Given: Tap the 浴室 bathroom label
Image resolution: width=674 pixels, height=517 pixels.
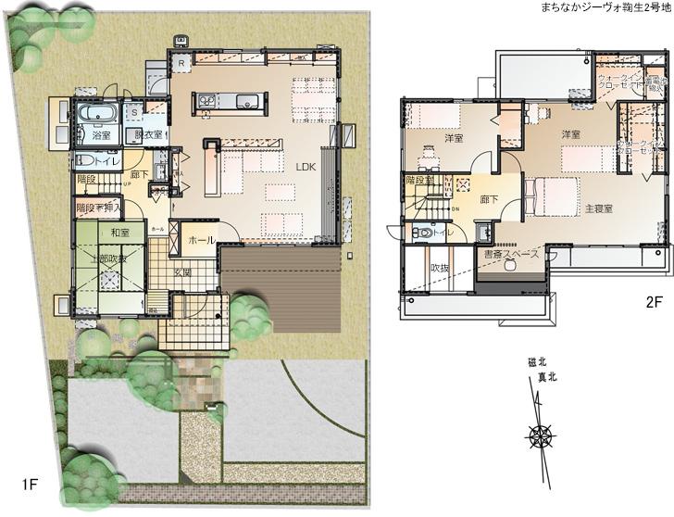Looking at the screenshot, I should [x=101, y=135].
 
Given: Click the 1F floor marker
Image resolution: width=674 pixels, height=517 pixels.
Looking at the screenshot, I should [x=30, y=485].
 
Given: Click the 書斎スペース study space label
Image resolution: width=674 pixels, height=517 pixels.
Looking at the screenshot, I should [x=512, y=253].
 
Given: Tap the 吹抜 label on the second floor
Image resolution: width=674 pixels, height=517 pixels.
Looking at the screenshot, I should [x=439, y=268].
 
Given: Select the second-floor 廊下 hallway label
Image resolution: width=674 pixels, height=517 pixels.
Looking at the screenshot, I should [x=490, y=198].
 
